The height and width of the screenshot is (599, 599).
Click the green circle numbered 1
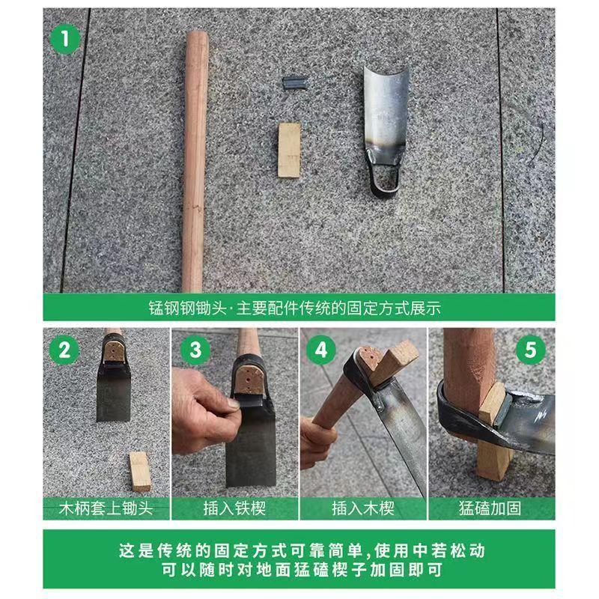(x=65, y=39)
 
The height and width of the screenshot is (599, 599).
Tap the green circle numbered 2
(x=64, y=350)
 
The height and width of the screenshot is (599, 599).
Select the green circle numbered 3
(x=195, y=350)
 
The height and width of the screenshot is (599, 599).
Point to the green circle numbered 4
(x=321, y=350)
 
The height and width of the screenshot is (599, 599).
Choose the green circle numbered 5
(x=531, y=350)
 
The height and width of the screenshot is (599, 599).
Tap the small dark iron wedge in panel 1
(x=294, y=83)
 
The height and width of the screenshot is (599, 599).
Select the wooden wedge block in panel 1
(x=289, y=150)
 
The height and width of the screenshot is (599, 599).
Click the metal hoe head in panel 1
(x=385, y=130)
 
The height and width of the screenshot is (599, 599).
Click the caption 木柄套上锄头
(x=106, y=508)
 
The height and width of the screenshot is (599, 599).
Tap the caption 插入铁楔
(x=234, y=508)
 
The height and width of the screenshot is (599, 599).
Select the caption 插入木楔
(x=363, y=508)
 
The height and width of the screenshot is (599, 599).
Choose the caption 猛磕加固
(x=490, y=508)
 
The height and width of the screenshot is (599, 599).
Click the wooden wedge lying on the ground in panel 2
(x=139, y=472)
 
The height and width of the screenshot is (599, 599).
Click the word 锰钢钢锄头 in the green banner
(x=188, y=308)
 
